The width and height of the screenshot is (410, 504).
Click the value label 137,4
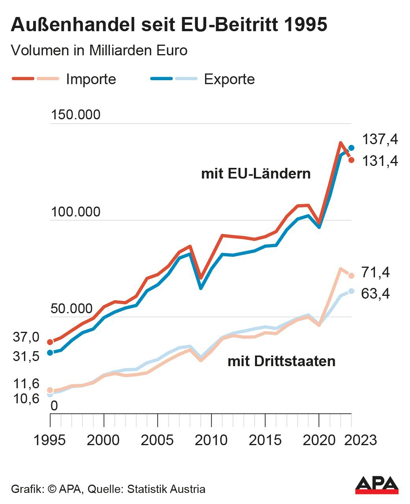coord(380,139)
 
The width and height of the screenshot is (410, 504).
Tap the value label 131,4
coord(380,161)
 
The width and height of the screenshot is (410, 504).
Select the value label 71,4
coord(375,273)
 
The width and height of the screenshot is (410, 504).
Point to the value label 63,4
coord(375,293)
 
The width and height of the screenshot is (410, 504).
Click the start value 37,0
coord(26,337)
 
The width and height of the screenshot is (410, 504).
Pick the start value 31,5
coord(26,356)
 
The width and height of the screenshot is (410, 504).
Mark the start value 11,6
coord(26,384)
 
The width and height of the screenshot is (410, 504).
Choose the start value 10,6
coord(26,399)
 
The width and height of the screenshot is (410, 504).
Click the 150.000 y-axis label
coord(76,115)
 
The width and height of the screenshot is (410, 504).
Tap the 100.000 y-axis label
coord(76,212)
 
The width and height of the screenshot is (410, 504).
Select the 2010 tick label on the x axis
coord(211,440)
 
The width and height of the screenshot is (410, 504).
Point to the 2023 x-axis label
coord(360,440)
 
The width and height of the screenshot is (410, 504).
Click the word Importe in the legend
coord(91,79)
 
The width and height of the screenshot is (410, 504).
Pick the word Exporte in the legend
coord(229,79)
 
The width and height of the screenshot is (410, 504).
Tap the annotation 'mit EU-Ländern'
coord(256,173)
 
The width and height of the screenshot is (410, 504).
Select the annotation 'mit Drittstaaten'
coord(281,361)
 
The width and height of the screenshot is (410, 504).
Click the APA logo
coord(376,485)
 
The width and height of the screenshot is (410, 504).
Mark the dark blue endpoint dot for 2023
coord(351,148)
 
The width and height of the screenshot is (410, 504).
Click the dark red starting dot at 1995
coord(50,342)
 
